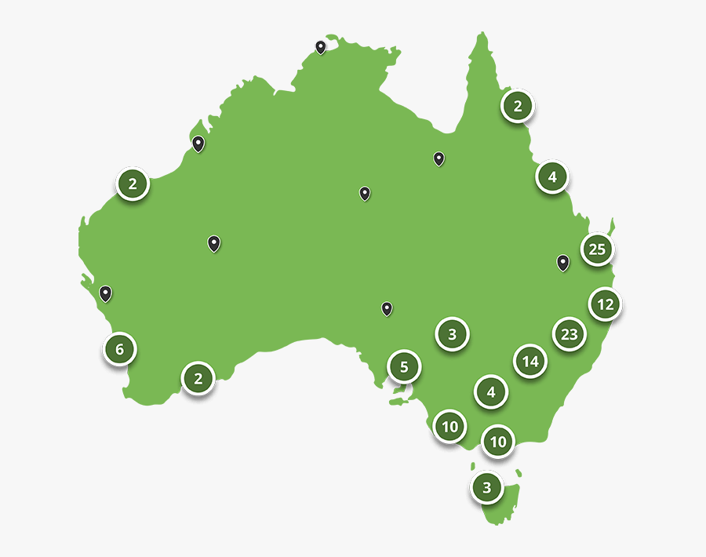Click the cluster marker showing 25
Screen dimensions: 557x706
[x=598, y=249]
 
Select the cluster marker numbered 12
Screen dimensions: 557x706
[x=605, y=304]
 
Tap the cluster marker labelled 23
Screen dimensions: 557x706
[x=569, y=335]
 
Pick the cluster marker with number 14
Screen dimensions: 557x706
[x=530, y=362]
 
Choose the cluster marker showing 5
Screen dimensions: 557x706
[x=404, y=366]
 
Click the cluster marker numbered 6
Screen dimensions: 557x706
[x=119, y=349]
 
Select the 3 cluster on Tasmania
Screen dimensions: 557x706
[x=486, y=488]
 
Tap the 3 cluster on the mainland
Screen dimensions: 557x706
[x=452, y=335]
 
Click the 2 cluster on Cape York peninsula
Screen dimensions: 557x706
[x=518, y=106]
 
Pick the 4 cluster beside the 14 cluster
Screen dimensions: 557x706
[x=491, y=391]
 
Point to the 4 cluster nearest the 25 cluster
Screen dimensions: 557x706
[x=552, y=177]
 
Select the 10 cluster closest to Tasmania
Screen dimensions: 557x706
[x=497, y=442]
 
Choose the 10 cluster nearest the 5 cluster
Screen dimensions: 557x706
[x=449, y=428]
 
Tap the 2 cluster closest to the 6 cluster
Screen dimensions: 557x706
[x=198, y=379]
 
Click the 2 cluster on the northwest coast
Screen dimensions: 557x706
[x=133, y=185]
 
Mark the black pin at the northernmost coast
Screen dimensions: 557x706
[x=320, y=47]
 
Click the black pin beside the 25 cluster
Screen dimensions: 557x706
[x=562, y=262]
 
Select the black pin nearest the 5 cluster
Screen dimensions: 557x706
[x=387, y=308]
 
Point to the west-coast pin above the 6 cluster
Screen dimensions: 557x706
[x=105, y=293]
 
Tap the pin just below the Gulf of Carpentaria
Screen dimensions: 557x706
[x=439, y=158]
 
